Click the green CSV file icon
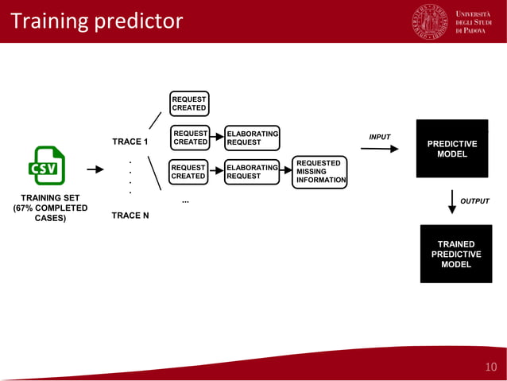pos(47,165)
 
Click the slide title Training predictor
pos(96,21)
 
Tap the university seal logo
pos(430,21)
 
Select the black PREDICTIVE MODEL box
pos(451,149)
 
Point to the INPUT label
pos(380,137)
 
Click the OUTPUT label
pos(474,201)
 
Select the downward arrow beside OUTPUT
pos(451,202)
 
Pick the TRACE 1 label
pos(130,142)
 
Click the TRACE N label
pos(130,216)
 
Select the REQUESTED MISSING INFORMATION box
pos(319,172)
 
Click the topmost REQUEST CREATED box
pos(189,103)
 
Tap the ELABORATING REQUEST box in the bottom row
pos(251,172)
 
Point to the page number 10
pos(490,367)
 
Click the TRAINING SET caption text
pos(49,208)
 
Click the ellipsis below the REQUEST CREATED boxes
pos(185,201)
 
